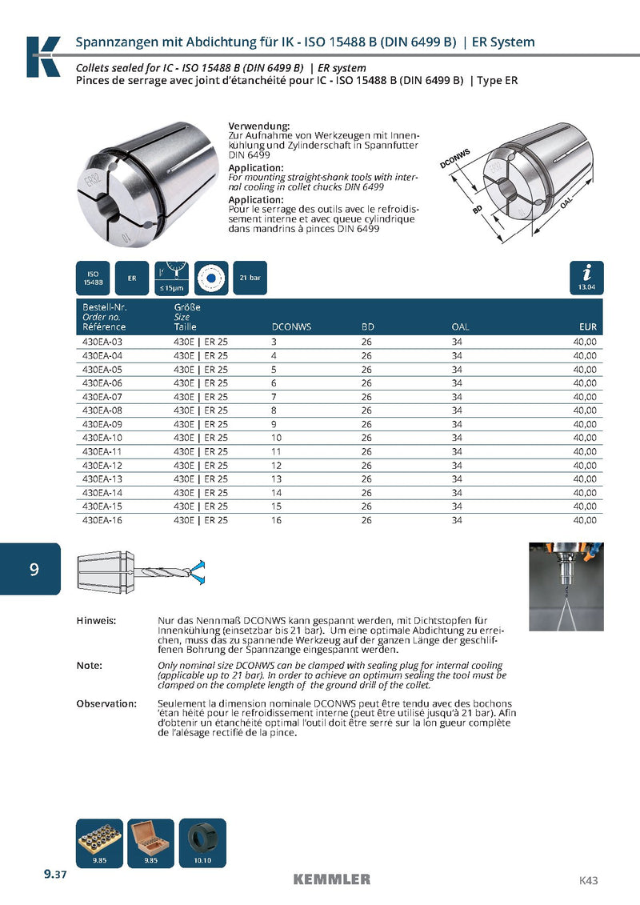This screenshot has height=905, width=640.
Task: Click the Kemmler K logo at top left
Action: click(43, 56)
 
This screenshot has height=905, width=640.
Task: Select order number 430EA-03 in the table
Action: click(102, 342)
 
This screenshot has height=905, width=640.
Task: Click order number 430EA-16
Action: click(102, 520)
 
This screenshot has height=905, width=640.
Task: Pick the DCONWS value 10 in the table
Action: click(278, 438)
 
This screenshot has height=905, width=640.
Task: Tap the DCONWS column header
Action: click(291, 327)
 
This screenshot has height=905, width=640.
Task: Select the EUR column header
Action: click(587, 327)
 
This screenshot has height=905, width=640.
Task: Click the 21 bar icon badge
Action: click(250, 278)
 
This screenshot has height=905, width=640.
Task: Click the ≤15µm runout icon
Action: click(172, 278)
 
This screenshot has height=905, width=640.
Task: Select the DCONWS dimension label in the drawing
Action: click(454, 158)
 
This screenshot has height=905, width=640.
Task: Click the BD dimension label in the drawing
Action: click(477, 210)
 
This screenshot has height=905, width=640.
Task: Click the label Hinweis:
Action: click(96, 621)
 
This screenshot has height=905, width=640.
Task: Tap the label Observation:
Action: click(106, 703)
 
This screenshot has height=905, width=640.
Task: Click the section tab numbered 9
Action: click(33, 569)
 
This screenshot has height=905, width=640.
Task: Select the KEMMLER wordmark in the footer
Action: click(331, 879)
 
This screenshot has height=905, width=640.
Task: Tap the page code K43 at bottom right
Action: click(588, 881)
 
